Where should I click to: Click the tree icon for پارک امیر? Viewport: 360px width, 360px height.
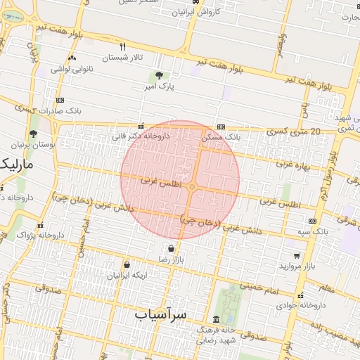pos(159,75)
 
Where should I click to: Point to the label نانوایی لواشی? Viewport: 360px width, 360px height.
pos(71,69)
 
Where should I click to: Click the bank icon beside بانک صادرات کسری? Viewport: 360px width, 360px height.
pos(60,101)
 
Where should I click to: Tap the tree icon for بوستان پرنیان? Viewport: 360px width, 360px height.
pos(33,133)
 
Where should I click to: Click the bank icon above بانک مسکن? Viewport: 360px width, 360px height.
pos(221,127)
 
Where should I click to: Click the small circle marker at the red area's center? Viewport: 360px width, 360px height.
pos(191,186)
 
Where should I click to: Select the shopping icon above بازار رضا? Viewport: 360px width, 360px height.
pos(171,248)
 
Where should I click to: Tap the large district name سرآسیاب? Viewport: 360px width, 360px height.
pos(161,314)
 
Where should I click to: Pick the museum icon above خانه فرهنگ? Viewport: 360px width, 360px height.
pos(215,319)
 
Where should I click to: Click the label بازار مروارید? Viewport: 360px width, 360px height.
pos(299,266)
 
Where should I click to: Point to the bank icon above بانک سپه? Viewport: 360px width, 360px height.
pos(312,221)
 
